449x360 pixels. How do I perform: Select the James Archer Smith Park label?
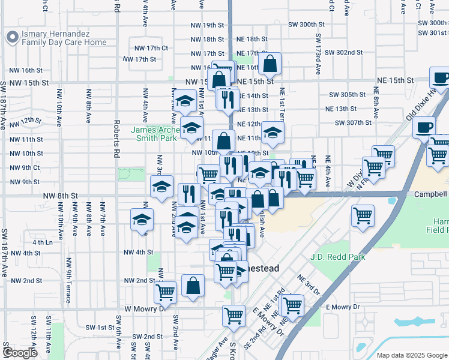(x=154, y=134)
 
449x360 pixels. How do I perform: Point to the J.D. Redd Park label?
(x=338, y=257)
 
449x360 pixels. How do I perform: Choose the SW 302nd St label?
(x=342, y=53)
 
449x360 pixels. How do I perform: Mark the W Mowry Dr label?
(x=145, y=308)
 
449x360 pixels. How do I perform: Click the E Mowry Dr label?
(x=342, y=307)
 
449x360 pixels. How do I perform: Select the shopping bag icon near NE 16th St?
(x=271, y=63)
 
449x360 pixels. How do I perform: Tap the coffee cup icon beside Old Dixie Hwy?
(x=425, y=127)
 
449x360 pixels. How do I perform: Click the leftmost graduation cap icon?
(x=142, y=220)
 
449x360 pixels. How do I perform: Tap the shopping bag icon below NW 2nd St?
(x=193, y=286)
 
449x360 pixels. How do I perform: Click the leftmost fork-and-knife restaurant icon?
(x=188, y=194)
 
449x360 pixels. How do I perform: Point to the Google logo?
(x=20, y=352)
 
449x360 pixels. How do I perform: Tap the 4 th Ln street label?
(x=43, y=242)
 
